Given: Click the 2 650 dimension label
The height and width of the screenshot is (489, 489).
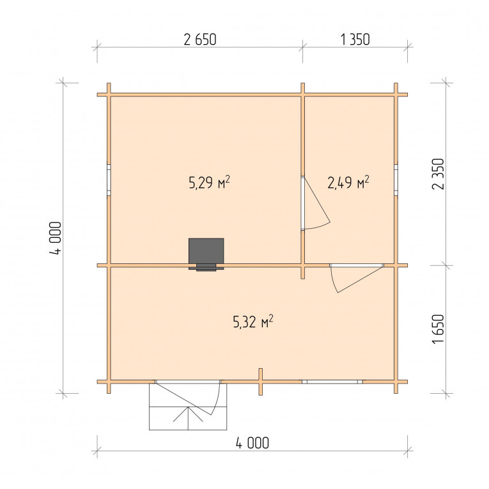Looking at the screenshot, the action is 200,40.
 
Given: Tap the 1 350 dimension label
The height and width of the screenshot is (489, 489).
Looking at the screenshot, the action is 355,40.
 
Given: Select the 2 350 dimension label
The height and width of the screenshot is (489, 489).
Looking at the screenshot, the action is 439,174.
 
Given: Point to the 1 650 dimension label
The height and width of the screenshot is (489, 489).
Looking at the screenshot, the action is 439,329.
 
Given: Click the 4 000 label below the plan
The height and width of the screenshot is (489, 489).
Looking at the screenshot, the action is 252,443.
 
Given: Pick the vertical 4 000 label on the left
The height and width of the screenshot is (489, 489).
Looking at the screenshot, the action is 56,238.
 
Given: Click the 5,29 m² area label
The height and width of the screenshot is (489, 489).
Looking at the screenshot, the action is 210,182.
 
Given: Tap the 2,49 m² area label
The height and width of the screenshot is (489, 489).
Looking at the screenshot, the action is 348,182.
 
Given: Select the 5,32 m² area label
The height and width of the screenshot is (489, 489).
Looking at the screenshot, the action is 253,322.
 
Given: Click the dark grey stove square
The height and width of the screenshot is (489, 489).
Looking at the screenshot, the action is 206,251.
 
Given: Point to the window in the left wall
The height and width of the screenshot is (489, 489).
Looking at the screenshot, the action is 109,180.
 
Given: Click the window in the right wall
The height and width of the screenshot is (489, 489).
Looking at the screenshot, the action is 396,180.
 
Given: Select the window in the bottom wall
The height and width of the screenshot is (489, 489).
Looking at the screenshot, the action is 332,382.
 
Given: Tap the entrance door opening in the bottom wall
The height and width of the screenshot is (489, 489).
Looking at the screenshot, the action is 188,382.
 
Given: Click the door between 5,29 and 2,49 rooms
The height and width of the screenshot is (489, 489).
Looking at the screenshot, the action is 302,203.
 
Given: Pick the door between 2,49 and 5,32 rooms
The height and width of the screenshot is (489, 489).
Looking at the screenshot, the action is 357,265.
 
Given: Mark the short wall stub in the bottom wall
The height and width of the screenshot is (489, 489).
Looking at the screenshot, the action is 261,382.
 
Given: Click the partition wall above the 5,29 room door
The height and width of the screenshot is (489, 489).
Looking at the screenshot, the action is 302,136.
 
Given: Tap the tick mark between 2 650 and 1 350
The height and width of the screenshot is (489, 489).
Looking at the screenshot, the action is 302,48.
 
